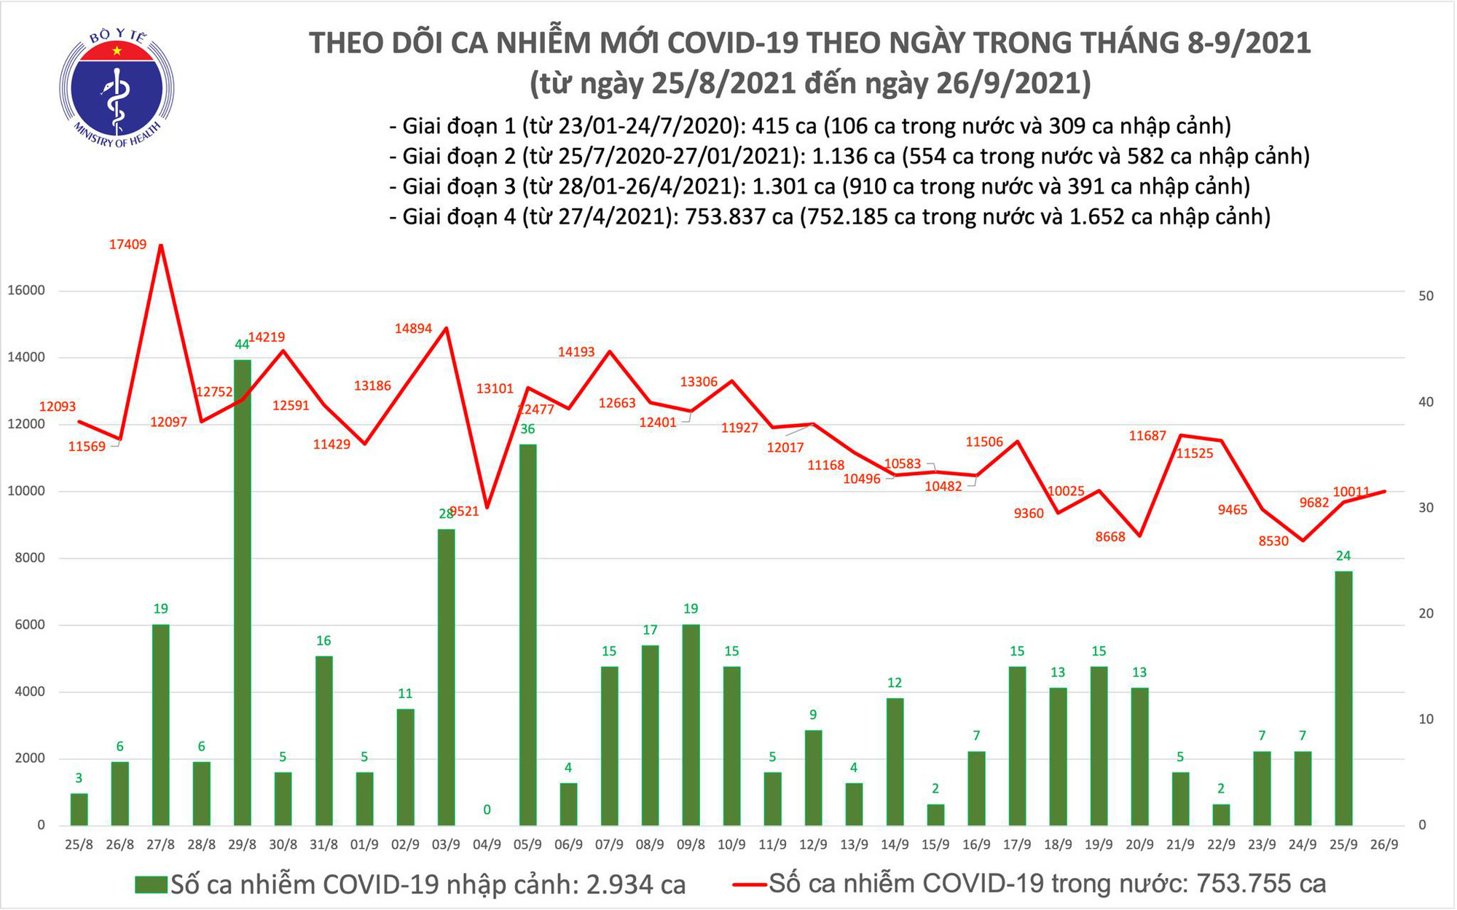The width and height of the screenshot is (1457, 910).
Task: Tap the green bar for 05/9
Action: click(x=527, y=634)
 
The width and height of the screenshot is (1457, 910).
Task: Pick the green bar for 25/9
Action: click(x=1343, y=697)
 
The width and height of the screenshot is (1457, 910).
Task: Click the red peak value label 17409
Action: click(x=127, y=245)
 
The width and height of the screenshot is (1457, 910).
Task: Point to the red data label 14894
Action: click(x=413, y=329)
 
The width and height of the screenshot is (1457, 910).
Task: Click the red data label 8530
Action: click(x=1273, y=541)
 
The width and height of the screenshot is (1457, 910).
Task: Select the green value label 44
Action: click(x=242, y=345)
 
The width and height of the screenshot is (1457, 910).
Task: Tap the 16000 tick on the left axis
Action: click(x=26, y=291)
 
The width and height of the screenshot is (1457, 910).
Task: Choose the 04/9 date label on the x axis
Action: click(x=487, y=845)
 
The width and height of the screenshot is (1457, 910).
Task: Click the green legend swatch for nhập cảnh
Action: click(x=151, y=885)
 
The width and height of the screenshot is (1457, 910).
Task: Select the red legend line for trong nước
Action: click(x=749, y=885)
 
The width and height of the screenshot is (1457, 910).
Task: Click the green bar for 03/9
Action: click(x=446, y=677)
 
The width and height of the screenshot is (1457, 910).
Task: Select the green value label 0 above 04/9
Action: click(x=487, y=809)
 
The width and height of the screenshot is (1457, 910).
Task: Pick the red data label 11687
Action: click(x=1147, y=436)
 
